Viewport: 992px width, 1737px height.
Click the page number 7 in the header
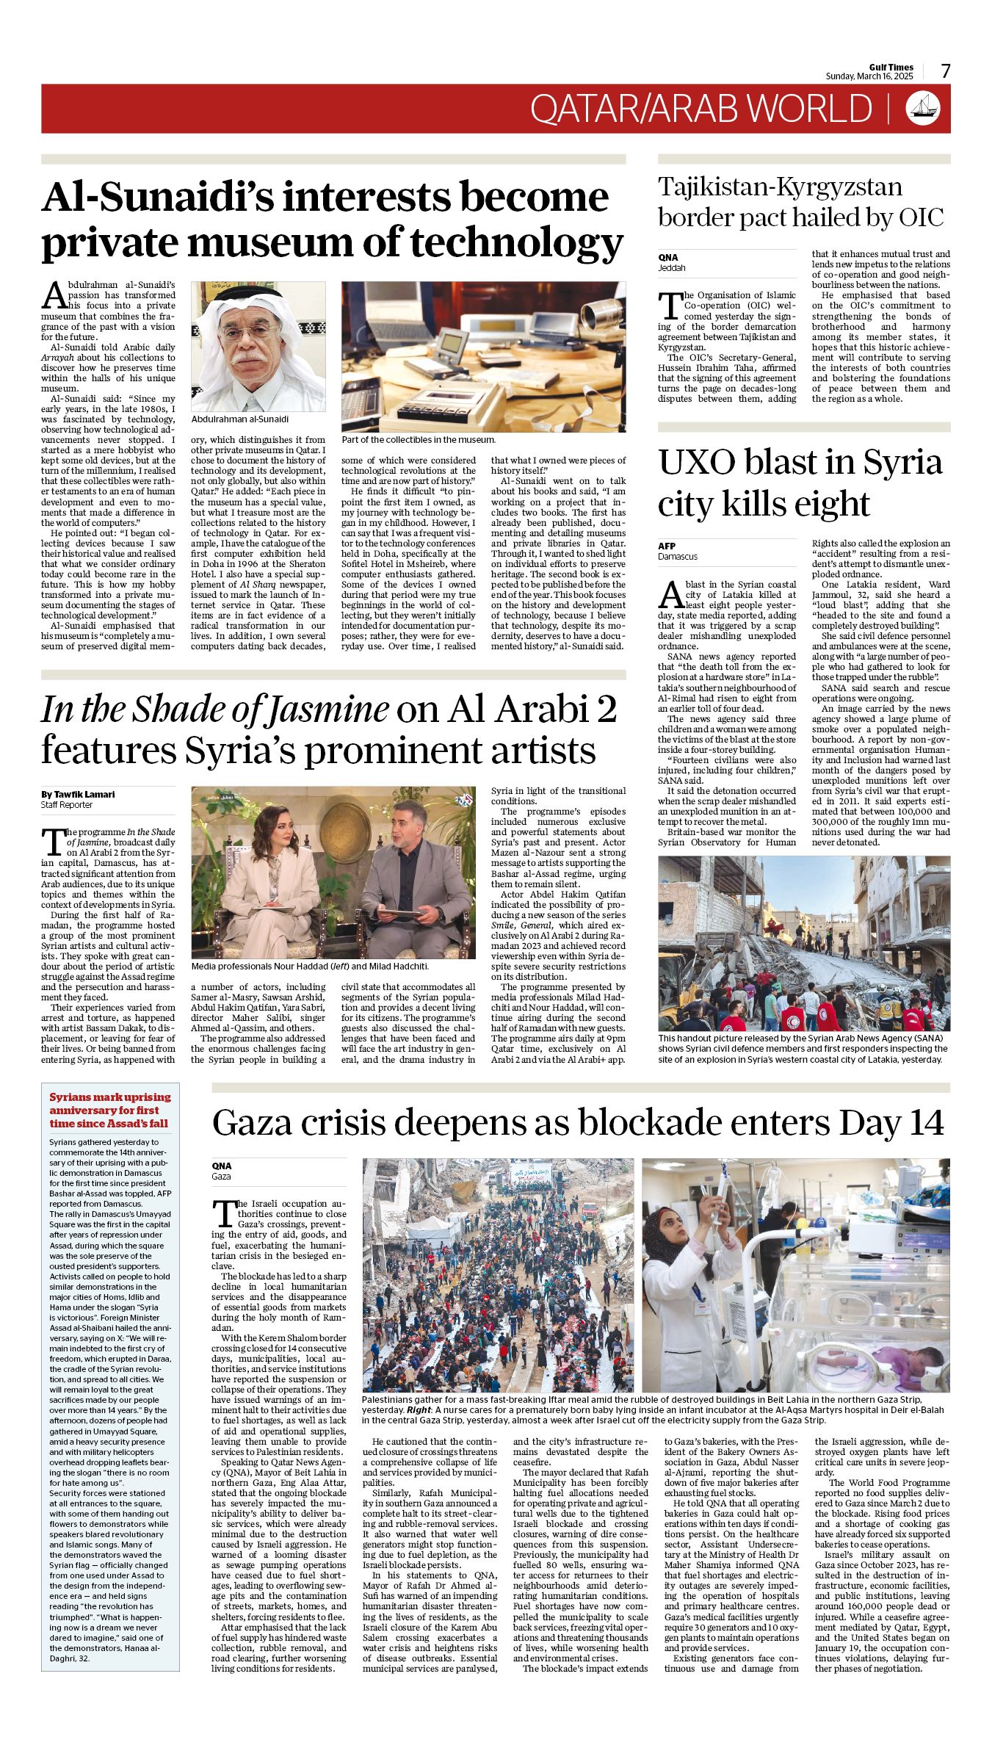[946, 71]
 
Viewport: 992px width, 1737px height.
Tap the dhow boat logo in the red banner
[924, 108]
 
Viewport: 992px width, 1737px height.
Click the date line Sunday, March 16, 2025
[869, 76]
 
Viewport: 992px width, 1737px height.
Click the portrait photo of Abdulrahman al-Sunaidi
[258, 347]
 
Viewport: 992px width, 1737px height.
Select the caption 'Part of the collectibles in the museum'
[419, 439]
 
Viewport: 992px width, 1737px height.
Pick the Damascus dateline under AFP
[678, 556]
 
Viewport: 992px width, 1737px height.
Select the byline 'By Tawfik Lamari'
[78, 794]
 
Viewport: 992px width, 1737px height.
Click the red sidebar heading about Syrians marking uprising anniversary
[109, 1110]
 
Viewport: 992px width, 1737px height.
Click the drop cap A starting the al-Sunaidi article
[54, 295]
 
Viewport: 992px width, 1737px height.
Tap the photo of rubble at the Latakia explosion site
[803, 943]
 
